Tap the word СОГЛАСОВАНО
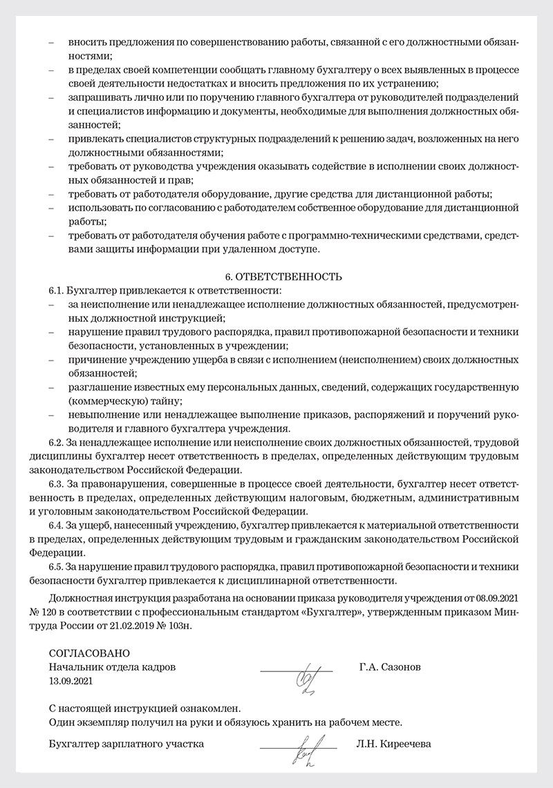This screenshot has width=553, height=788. (x=89, y=653)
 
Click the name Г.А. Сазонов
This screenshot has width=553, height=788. (x=390, y=667)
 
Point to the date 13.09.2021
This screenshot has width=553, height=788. (x=71, y=680)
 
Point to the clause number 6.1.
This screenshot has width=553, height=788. (x=56, y=291)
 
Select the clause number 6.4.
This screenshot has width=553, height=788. (x=56, y=527)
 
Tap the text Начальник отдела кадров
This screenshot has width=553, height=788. (x=113, y=667)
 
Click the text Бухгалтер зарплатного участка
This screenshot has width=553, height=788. (x=126, y=744)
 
